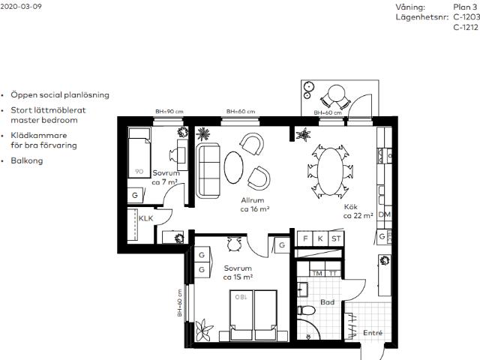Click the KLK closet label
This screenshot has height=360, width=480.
[x=145, y=218]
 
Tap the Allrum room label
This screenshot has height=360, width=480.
[x=253, y=200]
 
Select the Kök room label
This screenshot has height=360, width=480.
[x=351, y=207]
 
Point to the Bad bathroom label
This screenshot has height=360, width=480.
[x=327, y=302]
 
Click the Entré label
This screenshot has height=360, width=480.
[x=373, y=333]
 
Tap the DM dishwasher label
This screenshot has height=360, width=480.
[x=385, y=214]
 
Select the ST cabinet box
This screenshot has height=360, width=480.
[x=336, y=238]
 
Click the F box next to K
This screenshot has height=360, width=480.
[x=305, y=238]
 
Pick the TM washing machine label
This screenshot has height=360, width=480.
[x=317, y=273]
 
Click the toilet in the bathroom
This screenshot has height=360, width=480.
[x=307, y=310]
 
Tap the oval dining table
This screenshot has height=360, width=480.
[x=330, y=172]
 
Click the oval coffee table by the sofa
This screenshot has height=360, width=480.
[x=233, y=167]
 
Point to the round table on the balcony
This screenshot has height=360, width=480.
[x=336, y=93]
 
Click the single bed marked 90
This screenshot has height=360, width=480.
[x=139, y=153]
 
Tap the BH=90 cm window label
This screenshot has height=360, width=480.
[x=169, y=112]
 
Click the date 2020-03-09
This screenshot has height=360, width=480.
[x=21, y=7]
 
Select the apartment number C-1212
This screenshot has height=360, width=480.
[x=466, y=27]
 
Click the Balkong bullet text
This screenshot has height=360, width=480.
[x=27, y=160]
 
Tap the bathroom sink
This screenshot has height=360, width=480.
[x=302, y=289]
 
